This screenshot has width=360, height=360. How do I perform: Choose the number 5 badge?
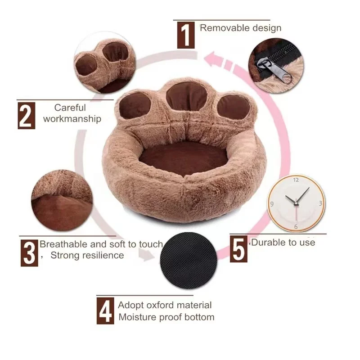pos(239,250)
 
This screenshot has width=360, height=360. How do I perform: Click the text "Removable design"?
pos(241,28)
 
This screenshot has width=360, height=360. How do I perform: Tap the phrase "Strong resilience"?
pos(87,256)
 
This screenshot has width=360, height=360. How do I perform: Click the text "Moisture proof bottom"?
pos(166,317)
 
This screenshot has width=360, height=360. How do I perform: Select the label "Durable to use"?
pos(283,243)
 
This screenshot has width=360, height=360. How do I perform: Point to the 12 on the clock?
pos(296,180)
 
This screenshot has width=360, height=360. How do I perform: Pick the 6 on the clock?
pos(296,226)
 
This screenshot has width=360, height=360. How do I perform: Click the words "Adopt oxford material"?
pos(165,305)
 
